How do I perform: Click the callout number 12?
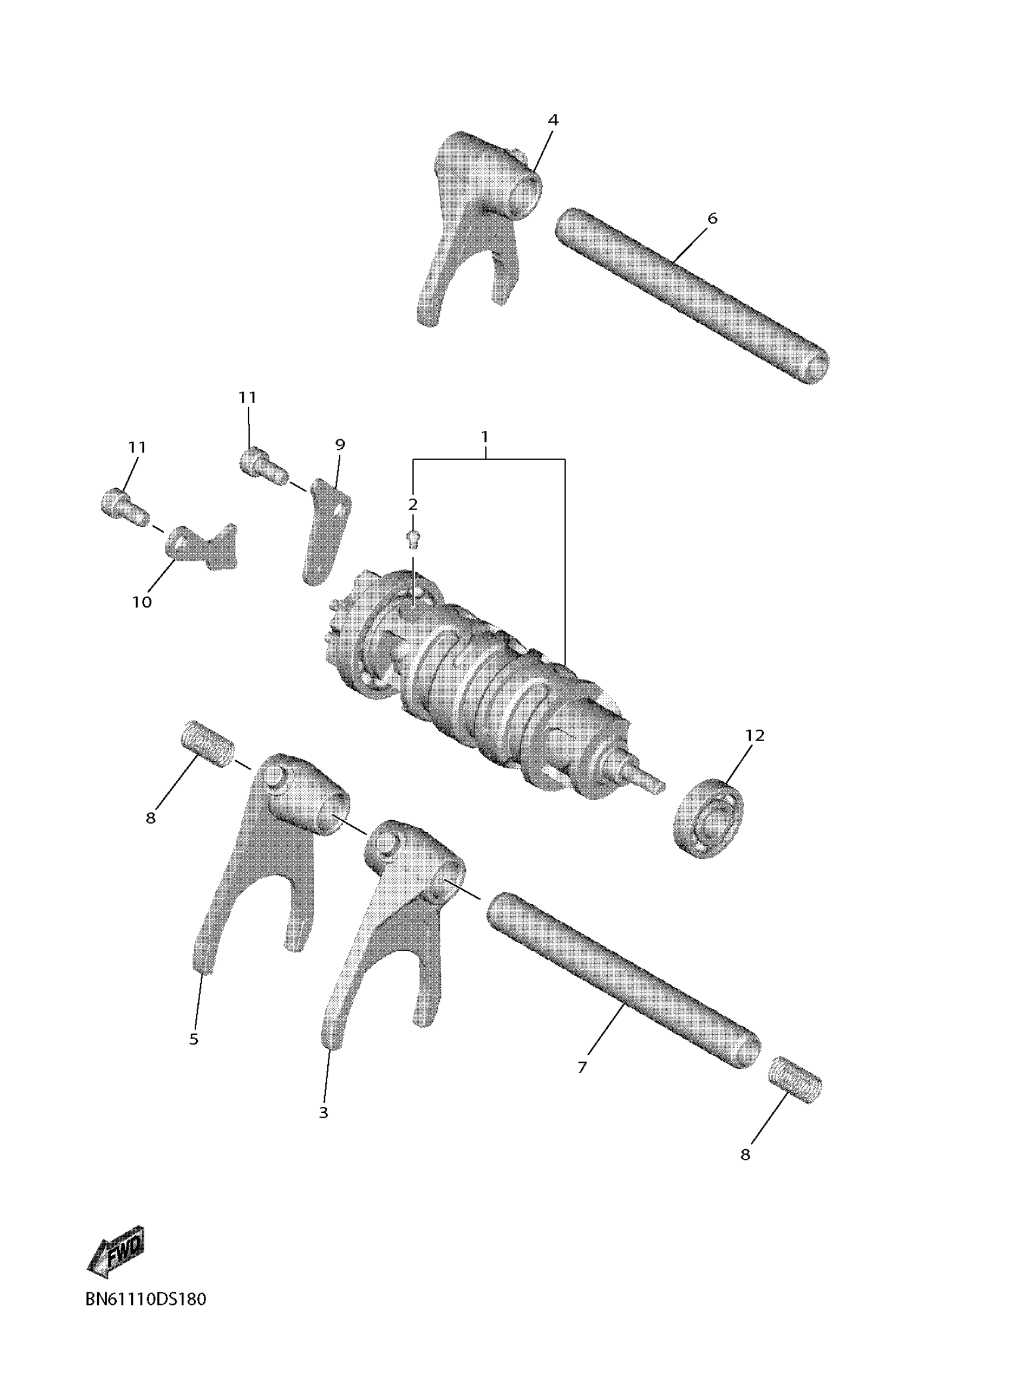point(754,736)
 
